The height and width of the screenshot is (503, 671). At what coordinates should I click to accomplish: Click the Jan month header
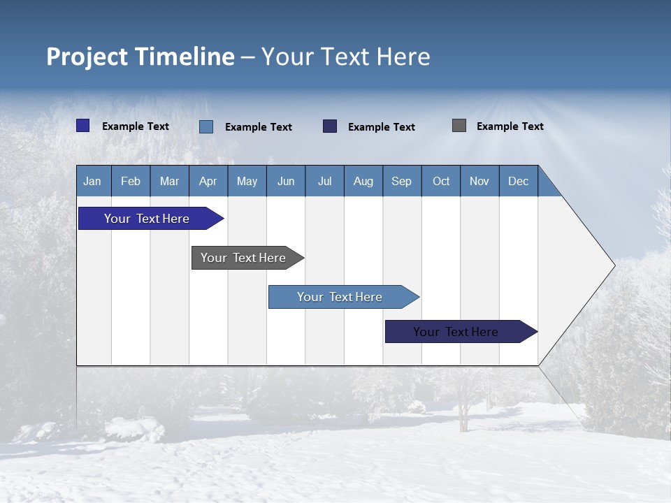[x=92, y=181]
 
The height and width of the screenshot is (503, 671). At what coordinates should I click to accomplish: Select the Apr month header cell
[x=208, y=181]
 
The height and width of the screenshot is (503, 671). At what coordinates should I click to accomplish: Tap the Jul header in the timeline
[x=324, y=181]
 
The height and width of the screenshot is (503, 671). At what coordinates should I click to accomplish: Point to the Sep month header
[x=401, y=181]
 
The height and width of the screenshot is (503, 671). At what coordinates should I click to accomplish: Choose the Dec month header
[x=518, y=181]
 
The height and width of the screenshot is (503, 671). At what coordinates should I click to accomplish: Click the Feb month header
[x=131, y=181]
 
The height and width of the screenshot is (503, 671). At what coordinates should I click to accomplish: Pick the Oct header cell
[x=441, y=181]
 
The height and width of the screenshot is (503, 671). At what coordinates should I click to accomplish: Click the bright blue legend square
[x=82, y=126]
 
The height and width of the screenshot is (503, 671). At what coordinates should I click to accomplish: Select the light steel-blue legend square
[x=206, y=126]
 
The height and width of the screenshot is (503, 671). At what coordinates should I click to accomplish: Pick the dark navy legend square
[x=330, y=126]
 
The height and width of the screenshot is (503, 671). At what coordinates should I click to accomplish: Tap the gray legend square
[x=459, y=126]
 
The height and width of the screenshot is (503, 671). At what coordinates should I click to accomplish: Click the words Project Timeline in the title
[x=140, y=57]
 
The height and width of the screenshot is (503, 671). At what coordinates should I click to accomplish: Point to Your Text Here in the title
[x=345, y=57]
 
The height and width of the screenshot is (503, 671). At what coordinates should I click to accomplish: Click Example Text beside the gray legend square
[x=510, y=126]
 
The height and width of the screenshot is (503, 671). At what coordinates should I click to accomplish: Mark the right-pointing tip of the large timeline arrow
[x=613, y=265]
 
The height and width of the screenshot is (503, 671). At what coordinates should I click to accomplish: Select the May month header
[x=247, y=181]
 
